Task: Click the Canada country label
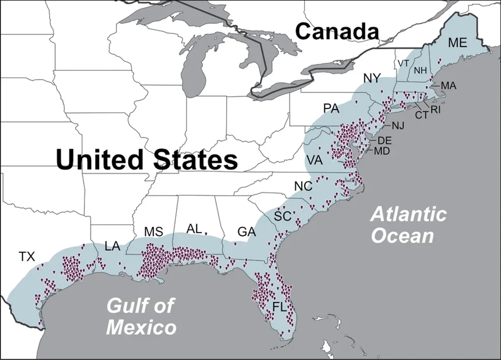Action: tap(337, 32)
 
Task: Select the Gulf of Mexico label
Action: tap(141, 316)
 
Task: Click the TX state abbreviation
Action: tap(28, 256)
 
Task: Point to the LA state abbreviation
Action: tap(112, 246)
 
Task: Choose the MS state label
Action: tap(154, 232)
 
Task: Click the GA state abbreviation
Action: tap(247, 232)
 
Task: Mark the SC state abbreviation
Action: tap(283, 216)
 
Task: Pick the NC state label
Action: tap(303, 186)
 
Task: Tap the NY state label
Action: tap(372, 78)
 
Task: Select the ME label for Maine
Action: tap(457, 43)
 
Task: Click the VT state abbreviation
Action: tap(404, 63)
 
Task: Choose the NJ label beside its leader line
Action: tap(398, 126)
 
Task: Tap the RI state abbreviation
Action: tap(435, 110)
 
